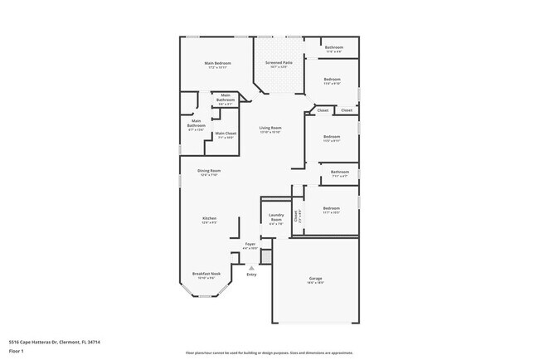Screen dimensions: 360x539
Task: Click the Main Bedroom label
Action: coord(218,63)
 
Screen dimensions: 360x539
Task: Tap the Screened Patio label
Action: coord(279,62)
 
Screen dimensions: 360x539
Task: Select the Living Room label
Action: coord(270,127)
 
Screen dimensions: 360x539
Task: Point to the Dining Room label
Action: coord(209,170)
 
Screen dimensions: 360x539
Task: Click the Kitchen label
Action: coord(209,218)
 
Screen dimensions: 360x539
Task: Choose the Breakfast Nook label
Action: coord(206,273)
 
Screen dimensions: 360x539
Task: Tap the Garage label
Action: coord(315,280)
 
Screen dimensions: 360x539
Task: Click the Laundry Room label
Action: coord(275,217)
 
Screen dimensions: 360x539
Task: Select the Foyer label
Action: coord(250,244)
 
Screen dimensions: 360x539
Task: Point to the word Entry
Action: coord(251,274)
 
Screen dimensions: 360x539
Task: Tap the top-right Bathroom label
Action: coord(334,47)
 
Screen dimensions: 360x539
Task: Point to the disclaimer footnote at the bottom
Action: coord(269,353)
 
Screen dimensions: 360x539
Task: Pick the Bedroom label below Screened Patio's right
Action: coord(332,81)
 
